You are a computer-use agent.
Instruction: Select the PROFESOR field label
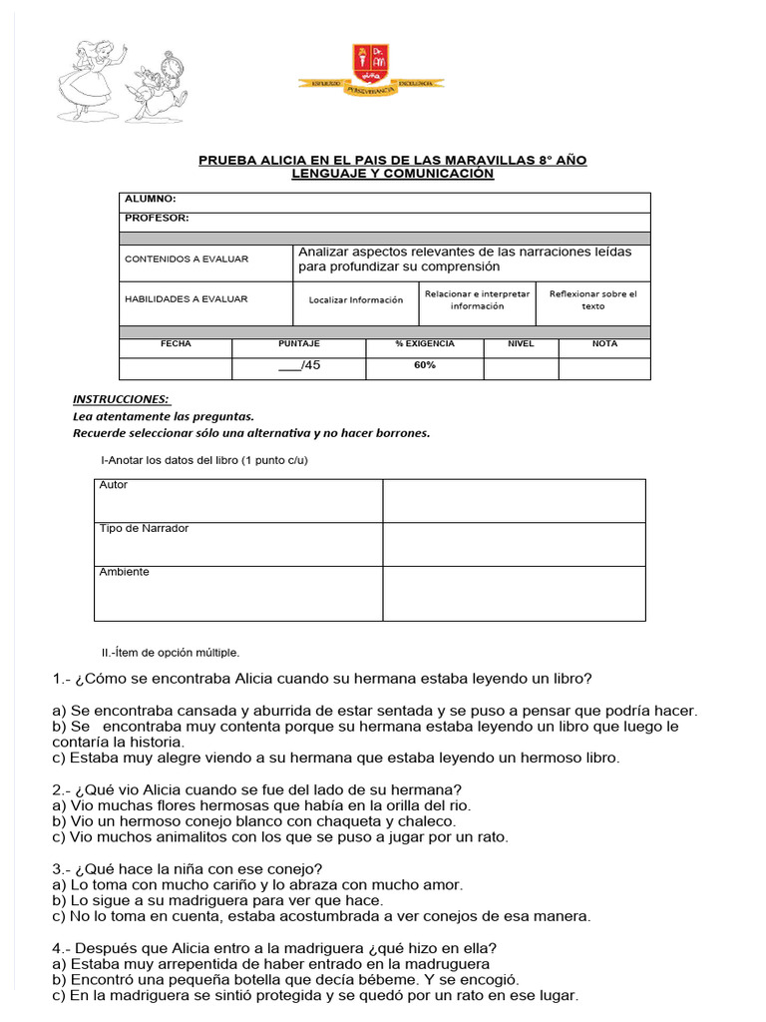[x=157, y=218]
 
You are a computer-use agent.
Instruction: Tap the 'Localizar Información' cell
[x=356, y=299]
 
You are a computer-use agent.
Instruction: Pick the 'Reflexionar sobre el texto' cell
[x=592, y=299]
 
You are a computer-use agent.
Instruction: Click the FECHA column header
[x=176, y=343]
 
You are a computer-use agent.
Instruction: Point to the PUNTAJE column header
[x=298, y=343]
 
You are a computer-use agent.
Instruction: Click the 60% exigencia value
[x=425, y=365]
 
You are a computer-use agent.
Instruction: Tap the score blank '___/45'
[x=299, y=365]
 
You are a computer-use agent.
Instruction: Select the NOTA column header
[x=604, y=343]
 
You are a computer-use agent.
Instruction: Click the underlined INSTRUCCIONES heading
[x=121, y=399]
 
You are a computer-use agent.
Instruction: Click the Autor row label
[x=114, y=485]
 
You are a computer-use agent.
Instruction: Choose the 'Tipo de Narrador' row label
[x=144, y=529]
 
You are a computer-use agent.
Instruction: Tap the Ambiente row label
[x=125, y=573]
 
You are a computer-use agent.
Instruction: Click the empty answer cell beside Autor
[x=514, y=500]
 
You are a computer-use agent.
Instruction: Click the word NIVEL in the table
[x=521, y=343]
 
